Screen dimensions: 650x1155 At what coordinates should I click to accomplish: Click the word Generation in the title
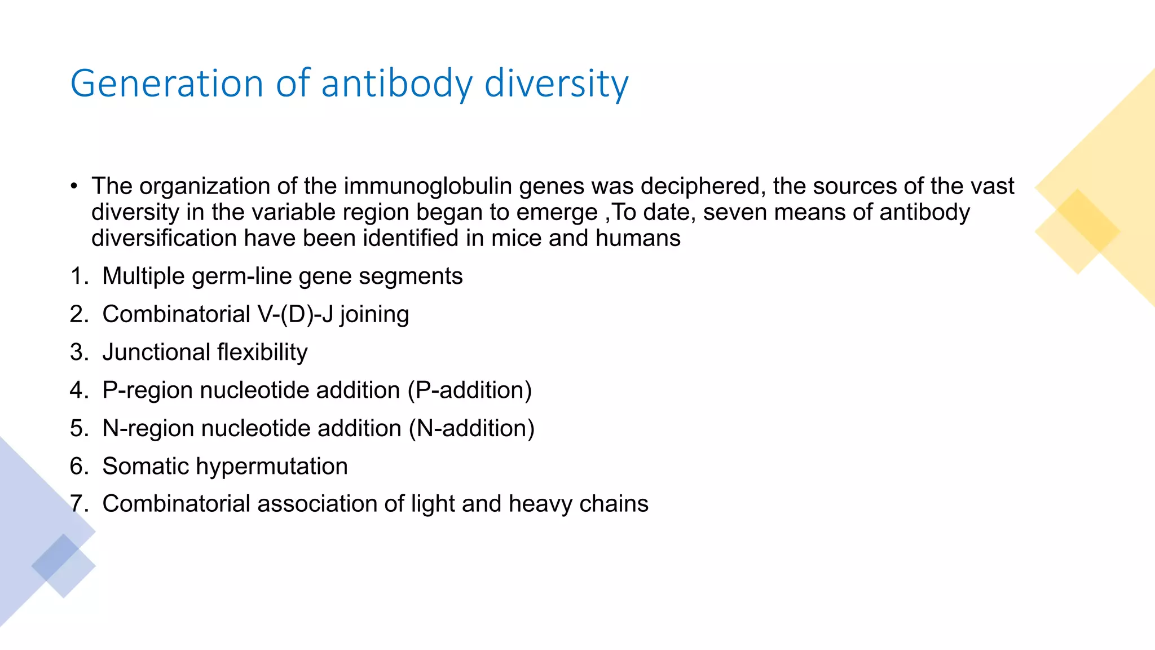click(166, 84)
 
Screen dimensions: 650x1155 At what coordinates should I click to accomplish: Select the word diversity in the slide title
click(556, 84)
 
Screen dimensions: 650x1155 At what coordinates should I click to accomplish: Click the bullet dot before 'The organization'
click(74, 186)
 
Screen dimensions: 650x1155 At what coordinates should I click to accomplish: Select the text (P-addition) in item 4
click(470, 390)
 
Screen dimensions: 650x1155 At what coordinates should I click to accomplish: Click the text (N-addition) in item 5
click(471, 428)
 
